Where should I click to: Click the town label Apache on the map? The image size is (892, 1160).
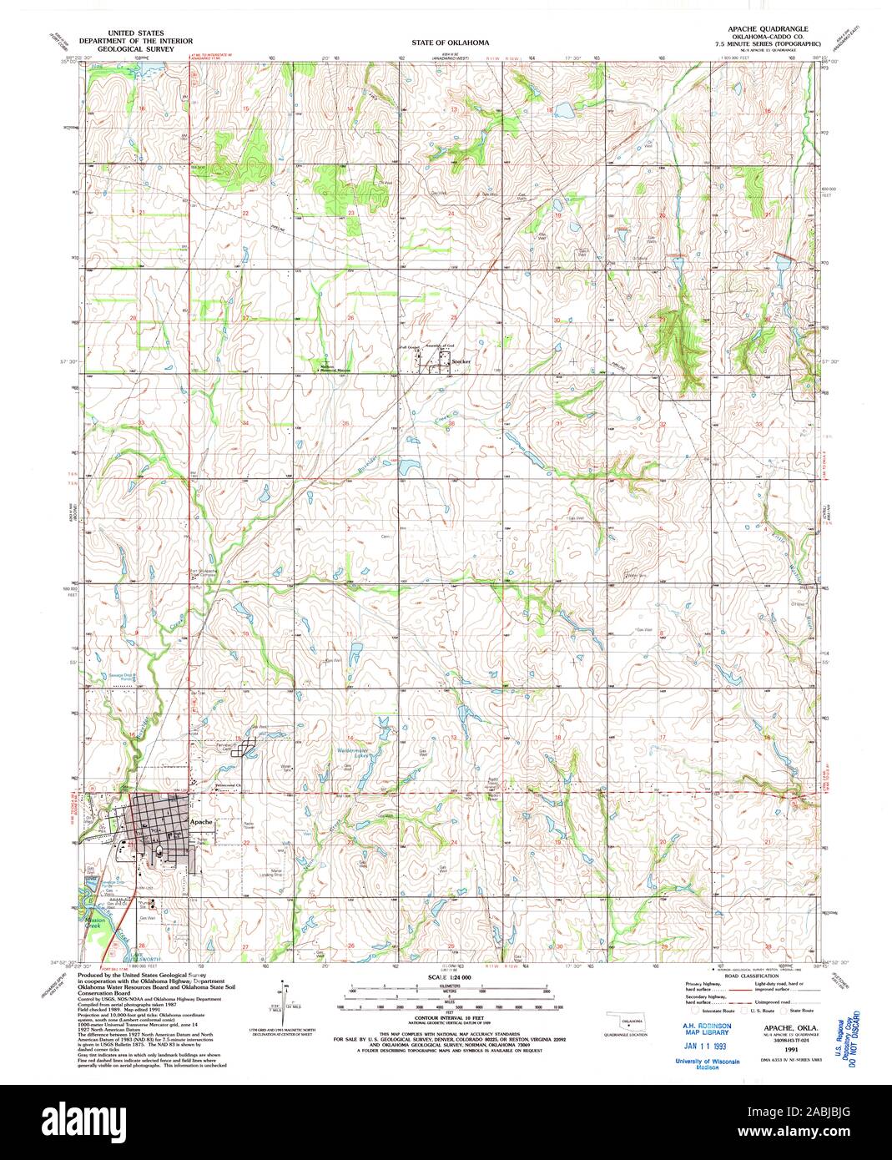coord(201,821)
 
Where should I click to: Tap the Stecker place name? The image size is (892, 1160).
coord(461,361)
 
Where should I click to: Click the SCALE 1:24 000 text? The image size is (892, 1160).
coord(449,976)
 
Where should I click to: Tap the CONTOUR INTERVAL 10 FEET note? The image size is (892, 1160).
coord(449,1024)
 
